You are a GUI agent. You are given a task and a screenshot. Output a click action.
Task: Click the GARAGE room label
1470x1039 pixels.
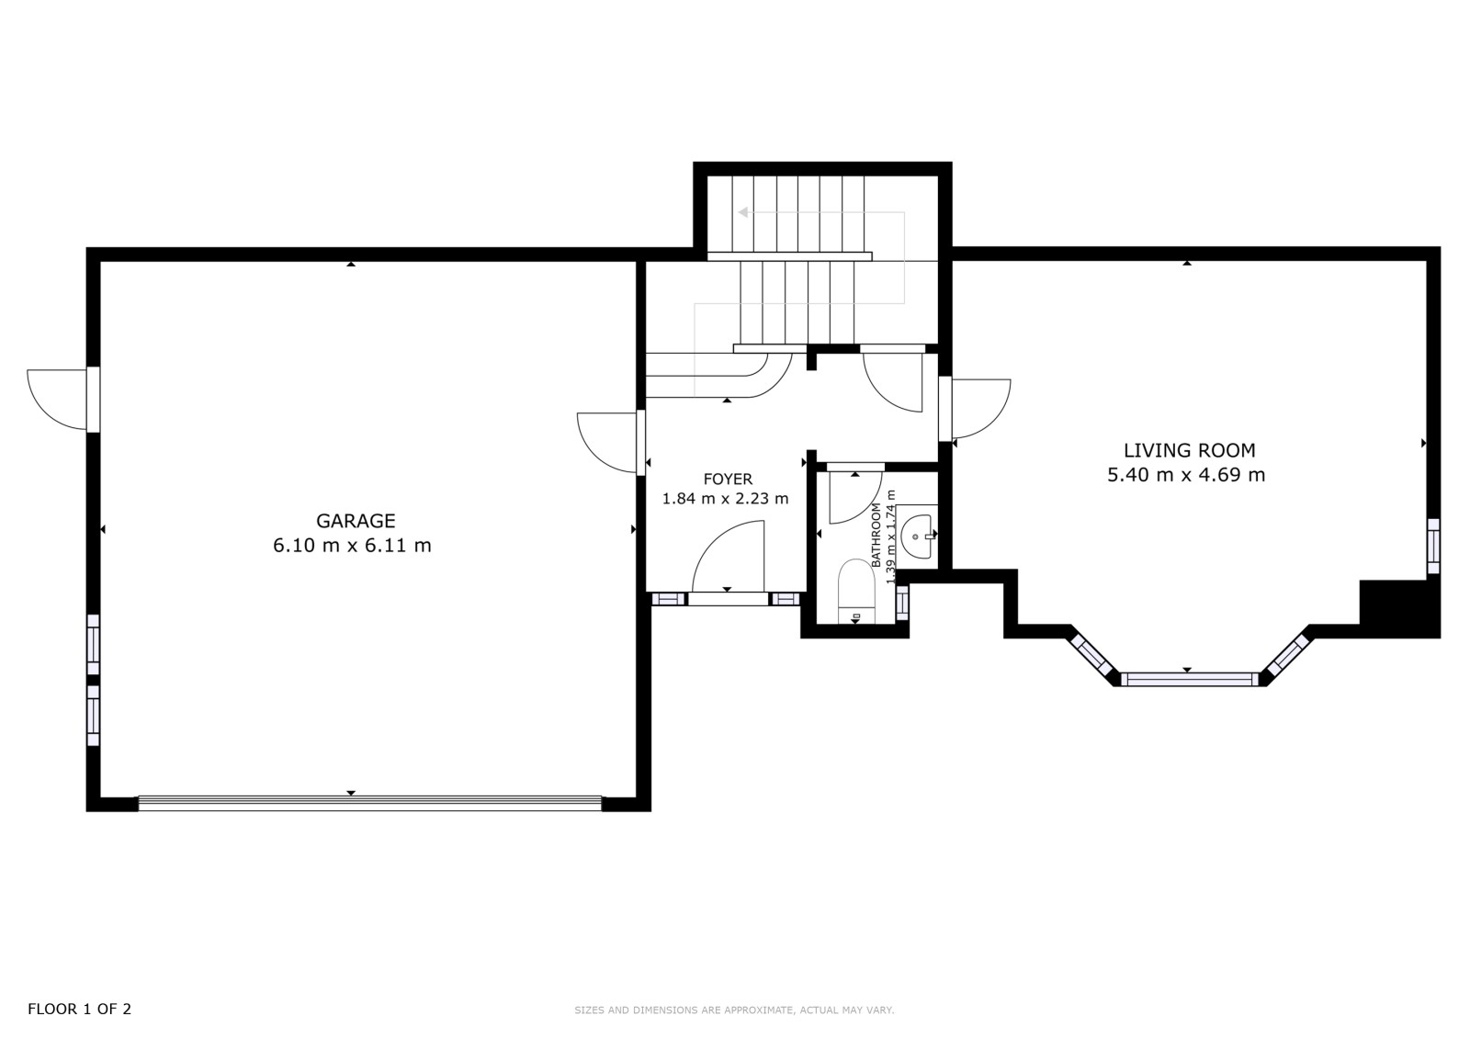click(356, 521)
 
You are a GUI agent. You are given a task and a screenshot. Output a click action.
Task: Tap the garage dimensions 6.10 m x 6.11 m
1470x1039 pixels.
click(352, 546)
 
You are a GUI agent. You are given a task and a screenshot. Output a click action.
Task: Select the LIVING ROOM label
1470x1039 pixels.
click(1189, 450)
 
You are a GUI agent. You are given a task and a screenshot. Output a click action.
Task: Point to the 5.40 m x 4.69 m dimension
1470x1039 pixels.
click(1186, 475)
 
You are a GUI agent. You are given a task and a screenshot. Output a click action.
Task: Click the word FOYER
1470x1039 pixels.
click(728, 480)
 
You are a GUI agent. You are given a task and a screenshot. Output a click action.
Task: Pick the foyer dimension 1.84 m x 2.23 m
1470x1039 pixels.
click(725, 499)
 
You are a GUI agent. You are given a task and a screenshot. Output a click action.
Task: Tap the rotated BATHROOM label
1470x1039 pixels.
click(876, 535)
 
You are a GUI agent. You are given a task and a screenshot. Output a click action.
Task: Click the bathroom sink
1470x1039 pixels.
click(918, 536)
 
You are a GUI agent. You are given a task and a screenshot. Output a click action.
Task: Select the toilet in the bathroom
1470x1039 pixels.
click(856, 591)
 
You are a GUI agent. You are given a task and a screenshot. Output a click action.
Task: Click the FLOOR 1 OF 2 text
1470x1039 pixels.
click(79, 1009)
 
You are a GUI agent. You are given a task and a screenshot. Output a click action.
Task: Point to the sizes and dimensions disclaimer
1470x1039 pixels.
click(734, 1011)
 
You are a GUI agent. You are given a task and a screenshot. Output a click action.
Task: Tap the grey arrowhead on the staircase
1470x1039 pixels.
click(743, 212)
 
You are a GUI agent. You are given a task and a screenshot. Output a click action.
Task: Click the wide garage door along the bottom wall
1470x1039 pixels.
click(370, 804)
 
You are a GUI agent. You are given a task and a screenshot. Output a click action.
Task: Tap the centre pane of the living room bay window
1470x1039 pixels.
click(1189, 679)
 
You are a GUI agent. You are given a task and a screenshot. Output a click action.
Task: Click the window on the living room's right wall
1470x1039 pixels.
click(1434, 546)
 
